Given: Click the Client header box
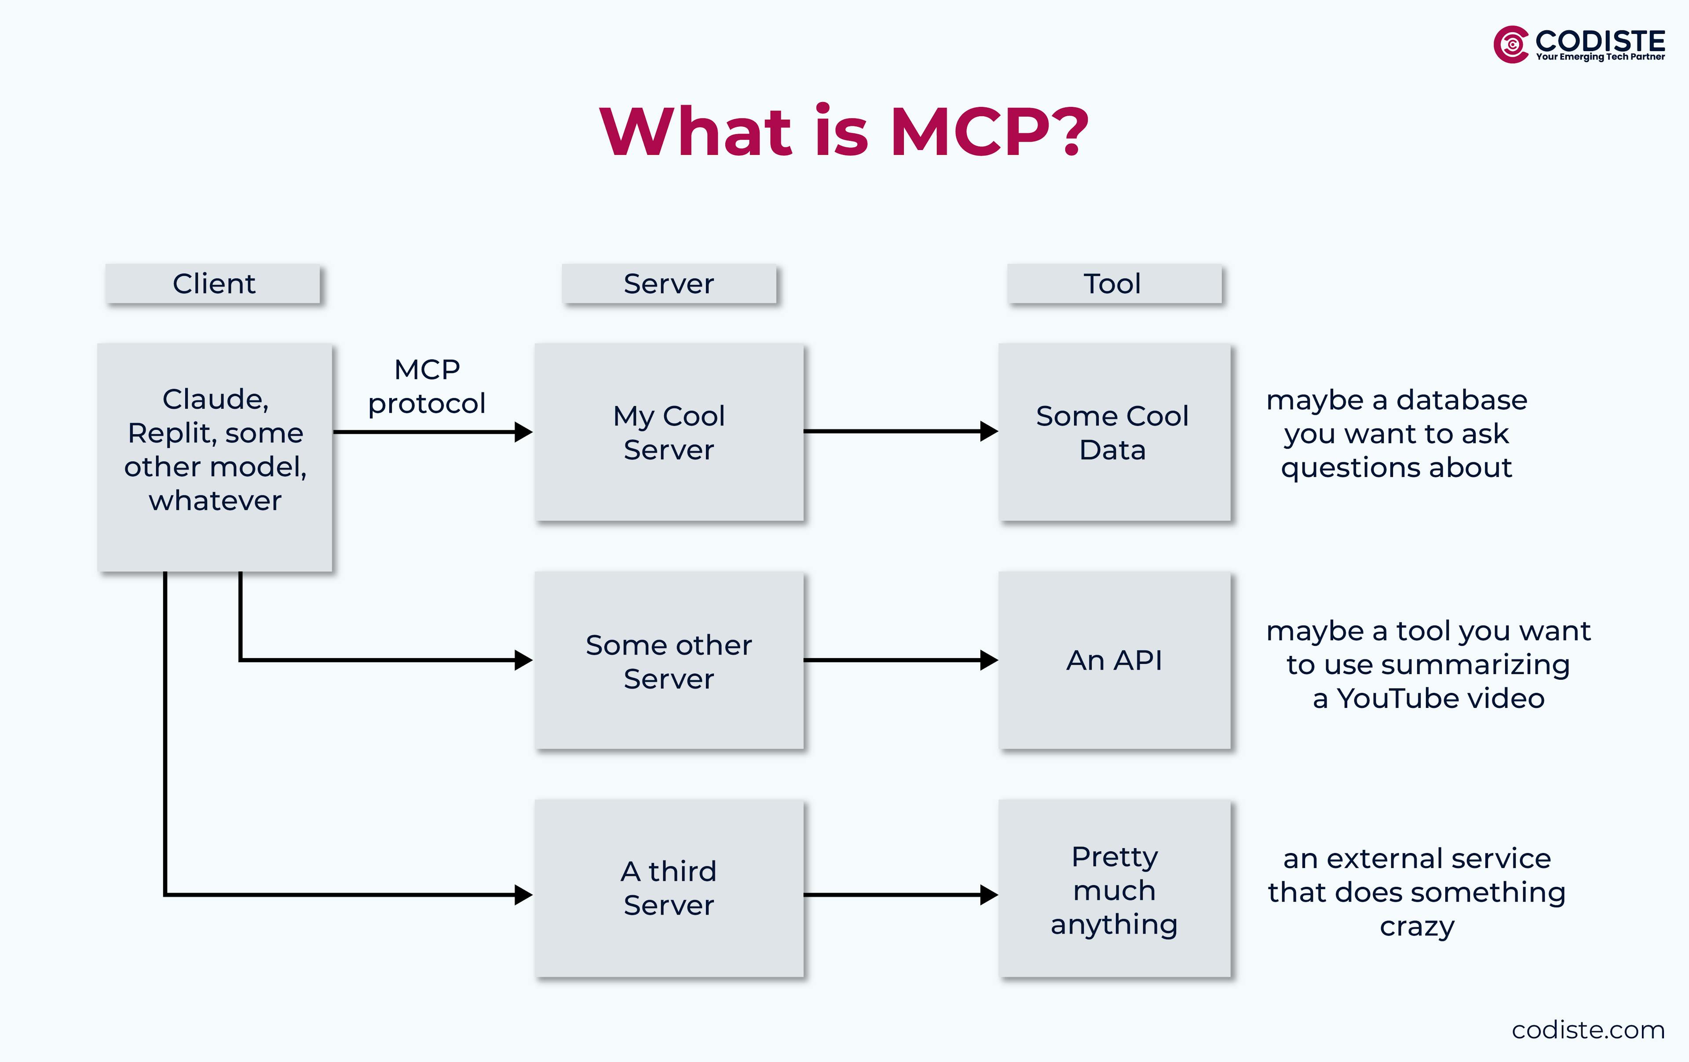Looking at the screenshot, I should pyautogui.click(x=213, y=283).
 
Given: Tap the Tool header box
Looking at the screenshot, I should pyautogui.click(x=1113, y=283).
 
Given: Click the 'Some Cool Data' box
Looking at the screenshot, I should pyautogui.click(x=1114, y=432).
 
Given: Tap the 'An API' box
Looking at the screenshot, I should pyautogui.click(x=1114, y=661).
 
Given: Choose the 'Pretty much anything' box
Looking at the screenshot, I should pyautogui.click(x=1114, y=888).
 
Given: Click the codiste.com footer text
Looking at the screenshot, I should pyautogui.click(x=1587, y=1030).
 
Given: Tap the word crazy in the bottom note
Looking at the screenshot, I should pyautogui.click(x=1416, y=926).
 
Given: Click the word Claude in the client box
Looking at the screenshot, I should pyautogui.click(x=214, y=399).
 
